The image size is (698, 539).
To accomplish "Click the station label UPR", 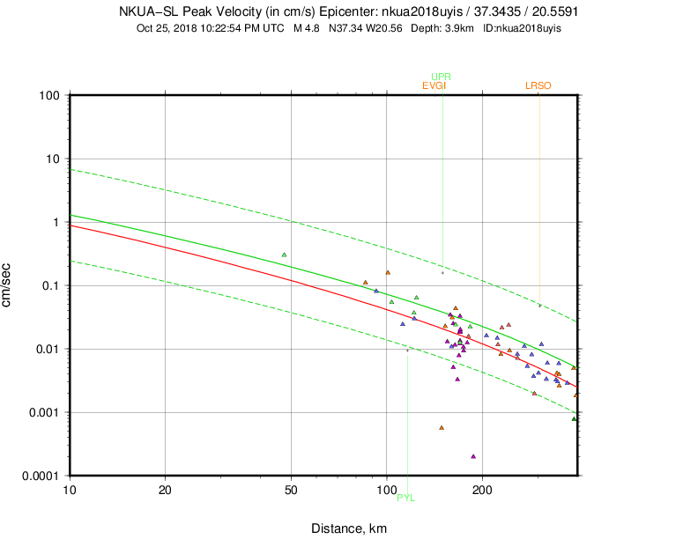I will pos(442,77).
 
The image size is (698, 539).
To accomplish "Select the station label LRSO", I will pos(538,85).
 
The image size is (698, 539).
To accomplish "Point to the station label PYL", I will pos(405,498).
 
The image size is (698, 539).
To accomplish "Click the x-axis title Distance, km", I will pos(349,528).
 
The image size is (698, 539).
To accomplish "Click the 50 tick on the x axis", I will pos(292,488).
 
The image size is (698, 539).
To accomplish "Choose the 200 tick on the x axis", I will pos(481,488).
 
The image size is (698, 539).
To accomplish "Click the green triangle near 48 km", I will pos(284,255).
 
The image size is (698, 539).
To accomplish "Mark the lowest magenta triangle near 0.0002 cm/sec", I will pos(473,456).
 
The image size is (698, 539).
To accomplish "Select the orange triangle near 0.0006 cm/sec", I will pos(442,428).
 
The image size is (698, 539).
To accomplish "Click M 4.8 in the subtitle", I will pos(308,28).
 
